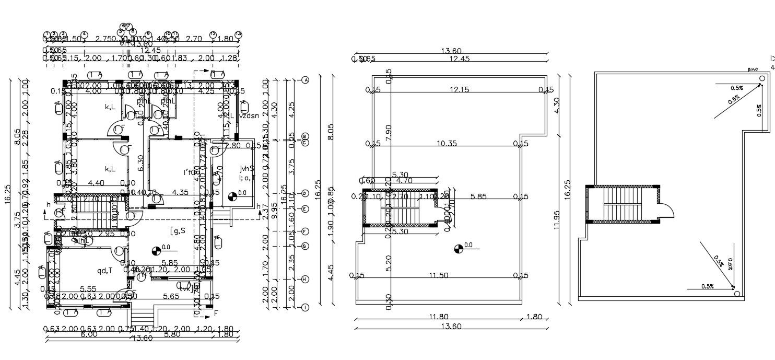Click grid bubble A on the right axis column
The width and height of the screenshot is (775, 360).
pos(305,80)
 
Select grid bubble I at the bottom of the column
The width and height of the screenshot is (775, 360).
pos(305,308)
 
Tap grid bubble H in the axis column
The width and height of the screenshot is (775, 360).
pos(305,279)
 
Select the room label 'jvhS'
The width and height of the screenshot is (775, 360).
pos(247,169)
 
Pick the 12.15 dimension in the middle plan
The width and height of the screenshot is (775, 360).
pos(459,90)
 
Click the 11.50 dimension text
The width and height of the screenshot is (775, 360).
pos(438,275)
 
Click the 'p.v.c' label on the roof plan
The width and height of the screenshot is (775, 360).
pos(753,69)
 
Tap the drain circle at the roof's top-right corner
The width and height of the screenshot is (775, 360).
pos(762,79)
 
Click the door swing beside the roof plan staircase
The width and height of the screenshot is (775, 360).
pos(668,211)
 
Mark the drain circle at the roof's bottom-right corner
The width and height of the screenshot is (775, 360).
pos(737,294)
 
